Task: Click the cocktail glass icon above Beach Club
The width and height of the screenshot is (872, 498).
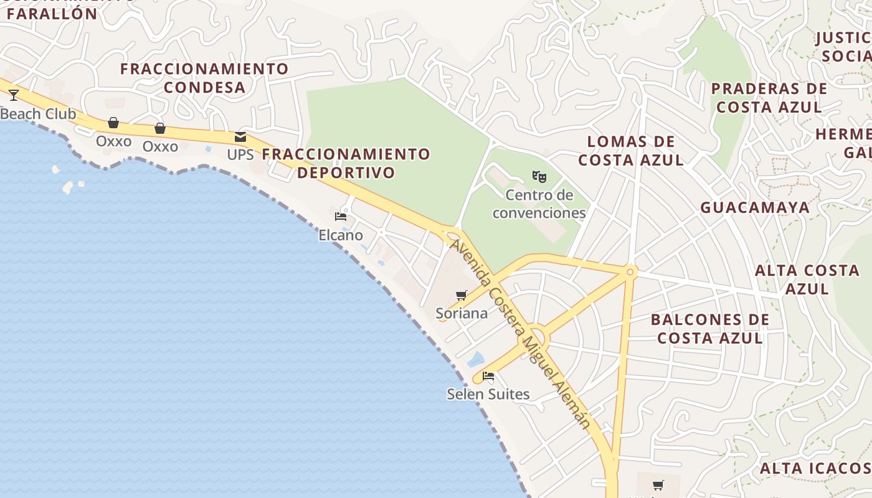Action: (x=14, y=95)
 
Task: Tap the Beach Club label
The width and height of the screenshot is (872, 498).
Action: (x=38, y=114)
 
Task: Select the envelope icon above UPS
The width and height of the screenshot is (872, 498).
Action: (x=240, y=138)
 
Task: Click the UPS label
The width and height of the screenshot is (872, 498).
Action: (x=240, y=154)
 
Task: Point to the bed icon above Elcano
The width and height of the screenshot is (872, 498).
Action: (x=341, y=217)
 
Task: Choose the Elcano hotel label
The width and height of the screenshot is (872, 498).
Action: (x=341, y=235)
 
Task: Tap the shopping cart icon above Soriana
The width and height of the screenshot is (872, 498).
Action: (x=461, y=295)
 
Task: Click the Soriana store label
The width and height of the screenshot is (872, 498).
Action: (x=462, y=313)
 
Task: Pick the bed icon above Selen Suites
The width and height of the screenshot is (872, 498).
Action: (x=488, y=376)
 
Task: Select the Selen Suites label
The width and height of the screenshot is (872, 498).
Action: (x=488, y=394)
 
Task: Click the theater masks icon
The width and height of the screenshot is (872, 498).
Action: (x=539, y=177)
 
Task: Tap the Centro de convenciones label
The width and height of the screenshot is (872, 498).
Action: (x=539, y=204)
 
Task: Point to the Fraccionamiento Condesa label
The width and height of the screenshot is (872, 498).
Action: (x=204, y=78)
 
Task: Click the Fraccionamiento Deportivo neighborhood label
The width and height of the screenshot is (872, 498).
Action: (x=346, y=162)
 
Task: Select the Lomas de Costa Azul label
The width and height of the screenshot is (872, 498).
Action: (x=631, y=151)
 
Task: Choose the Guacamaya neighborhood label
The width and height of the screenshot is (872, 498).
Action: (x=755, y=207)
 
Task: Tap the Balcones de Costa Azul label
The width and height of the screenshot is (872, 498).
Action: (x=710, y=329)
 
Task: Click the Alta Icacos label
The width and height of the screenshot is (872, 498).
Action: (x=815, y=468)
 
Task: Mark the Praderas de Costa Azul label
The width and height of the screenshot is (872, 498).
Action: (x=769, y=98)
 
